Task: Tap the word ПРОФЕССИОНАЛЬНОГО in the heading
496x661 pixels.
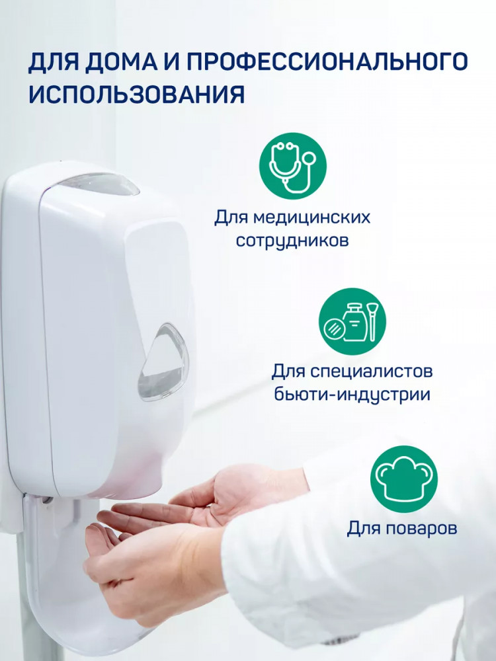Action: point(327,61)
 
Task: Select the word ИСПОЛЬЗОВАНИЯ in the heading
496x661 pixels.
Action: point(137,94)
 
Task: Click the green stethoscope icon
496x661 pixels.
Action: point(293,166)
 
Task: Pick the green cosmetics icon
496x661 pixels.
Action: point(352,322)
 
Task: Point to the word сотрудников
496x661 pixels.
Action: point(292,241)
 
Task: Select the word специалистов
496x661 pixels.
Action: point(371,371)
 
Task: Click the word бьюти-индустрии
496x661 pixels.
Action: point(352,395)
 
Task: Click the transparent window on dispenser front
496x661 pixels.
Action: point(163,362)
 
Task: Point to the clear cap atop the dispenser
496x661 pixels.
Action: point(100,184)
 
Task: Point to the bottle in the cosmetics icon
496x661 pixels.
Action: point(354,322)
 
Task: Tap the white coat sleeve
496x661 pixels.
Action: point(358,561)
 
